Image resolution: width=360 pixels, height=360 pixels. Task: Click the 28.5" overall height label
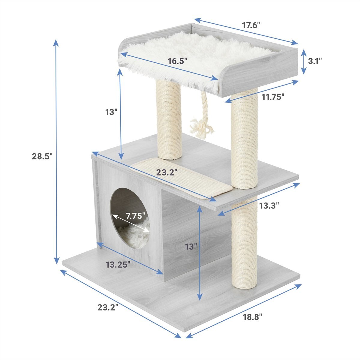[42, 156]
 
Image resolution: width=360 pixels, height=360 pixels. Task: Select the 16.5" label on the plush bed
[177, 61]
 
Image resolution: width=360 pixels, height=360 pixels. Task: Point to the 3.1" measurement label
[315, 61]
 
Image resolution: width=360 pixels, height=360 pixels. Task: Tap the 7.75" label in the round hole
[135, 216]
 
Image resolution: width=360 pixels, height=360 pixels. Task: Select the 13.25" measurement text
[118, 265]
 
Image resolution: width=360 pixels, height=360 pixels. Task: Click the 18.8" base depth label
[252, 316]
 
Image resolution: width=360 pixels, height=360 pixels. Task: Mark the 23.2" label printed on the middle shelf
[166, 172]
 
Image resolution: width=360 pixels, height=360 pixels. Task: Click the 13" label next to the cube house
[191, 247]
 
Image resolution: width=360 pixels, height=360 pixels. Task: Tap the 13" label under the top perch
[111, 112]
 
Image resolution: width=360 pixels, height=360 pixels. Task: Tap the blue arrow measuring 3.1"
[304, 61]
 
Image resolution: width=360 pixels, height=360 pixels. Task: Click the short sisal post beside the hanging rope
[168, 120]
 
